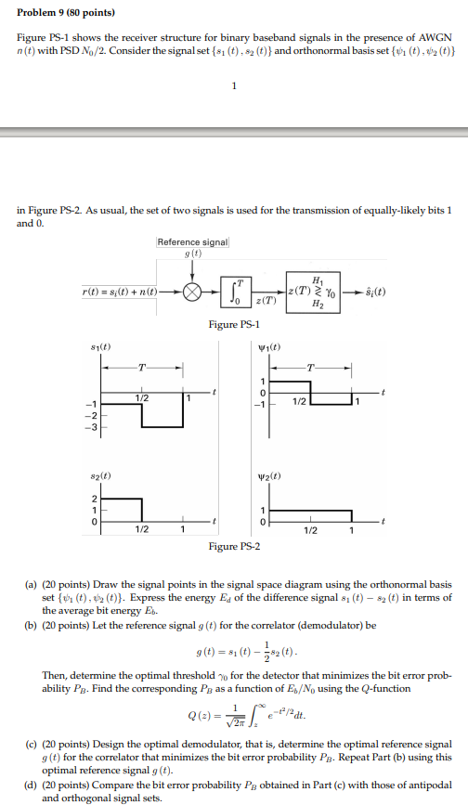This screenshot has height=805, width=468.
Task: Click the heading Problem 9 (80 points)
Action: tap(63, 14)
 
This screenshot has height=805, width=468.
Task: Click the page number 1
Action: tap(234, 87)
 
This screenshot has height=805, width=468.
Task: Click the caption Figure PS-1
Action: tap(235, 324)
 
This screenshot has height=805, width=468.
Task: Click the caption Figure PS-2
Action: tap(235, 547)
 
